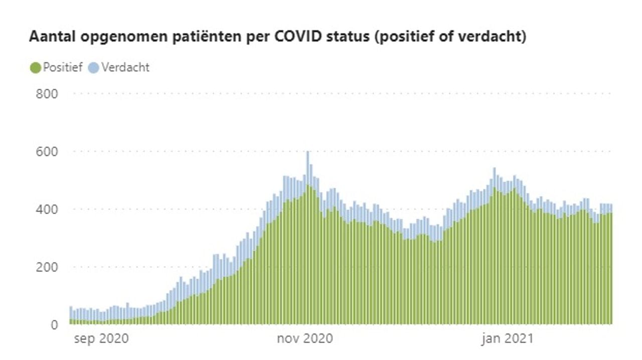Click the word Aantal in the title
pos(49,37)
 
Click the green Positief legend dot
pos(35,68)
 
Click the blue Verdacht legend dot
pos(93,68)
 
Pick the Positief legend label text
pos(62,68)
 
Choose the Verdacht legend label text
pos(125,68)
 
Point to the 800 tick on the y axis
pos(47,94)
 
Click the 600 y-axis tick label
pos(47,151)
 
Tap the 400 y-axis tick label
pos(47,209)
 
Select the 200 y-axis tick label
pos(47,267)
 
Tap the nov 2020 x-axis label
pos(305,339)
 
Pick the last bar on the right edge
pos(610,266)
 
